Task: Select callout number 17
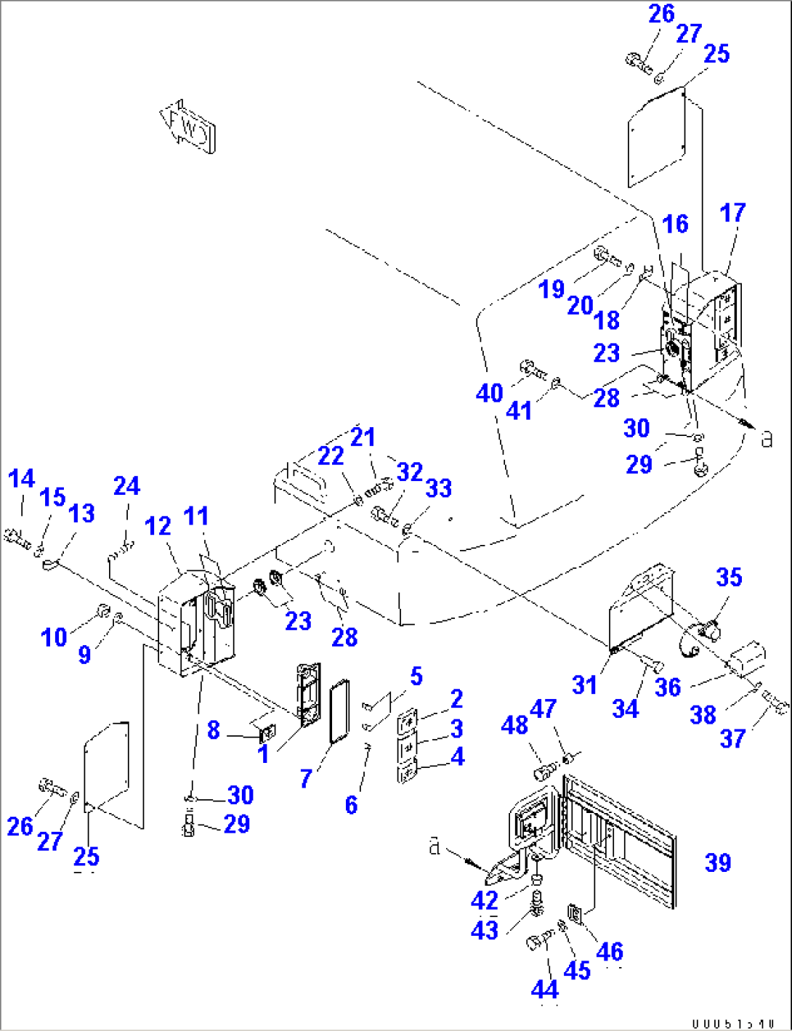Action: coord(732,213)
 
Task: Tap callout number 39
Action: coord(718,862)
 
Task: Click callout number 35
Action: coord(729,577)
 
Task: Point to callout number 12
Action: coord(158,525)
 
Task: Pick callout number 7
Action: coord(306,778)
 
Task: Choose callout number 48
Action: coord(514,724)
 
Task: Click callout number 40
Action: coord(489,393)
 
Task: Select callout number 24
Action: coord(126,485)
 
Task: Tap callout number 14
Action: coord(22,478)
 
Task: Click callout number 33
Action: coord(438,488)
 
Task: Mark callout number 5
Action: coord(416,676)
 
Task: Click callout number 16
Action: coord(676,224)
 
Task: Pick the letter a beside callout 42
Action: coord(435,846)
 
